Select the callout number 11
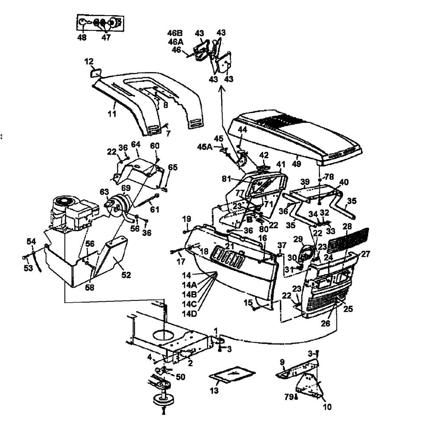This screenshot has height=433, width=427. click(112, 114)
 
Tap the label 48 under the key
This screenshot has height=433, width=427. click(82, 38)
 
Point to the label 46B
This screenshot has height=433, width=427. click(175, 33)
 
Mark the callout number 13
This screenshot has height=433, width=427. click(214, 391)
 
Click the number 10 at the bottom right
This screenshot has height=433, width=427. click(327, 407)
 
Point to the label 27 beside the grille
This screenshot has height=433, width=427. click(366, 254)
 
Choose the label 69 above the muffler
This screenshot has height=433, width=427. click(125, 187)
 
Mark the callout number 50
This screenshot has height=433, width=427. click(180, 377)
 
